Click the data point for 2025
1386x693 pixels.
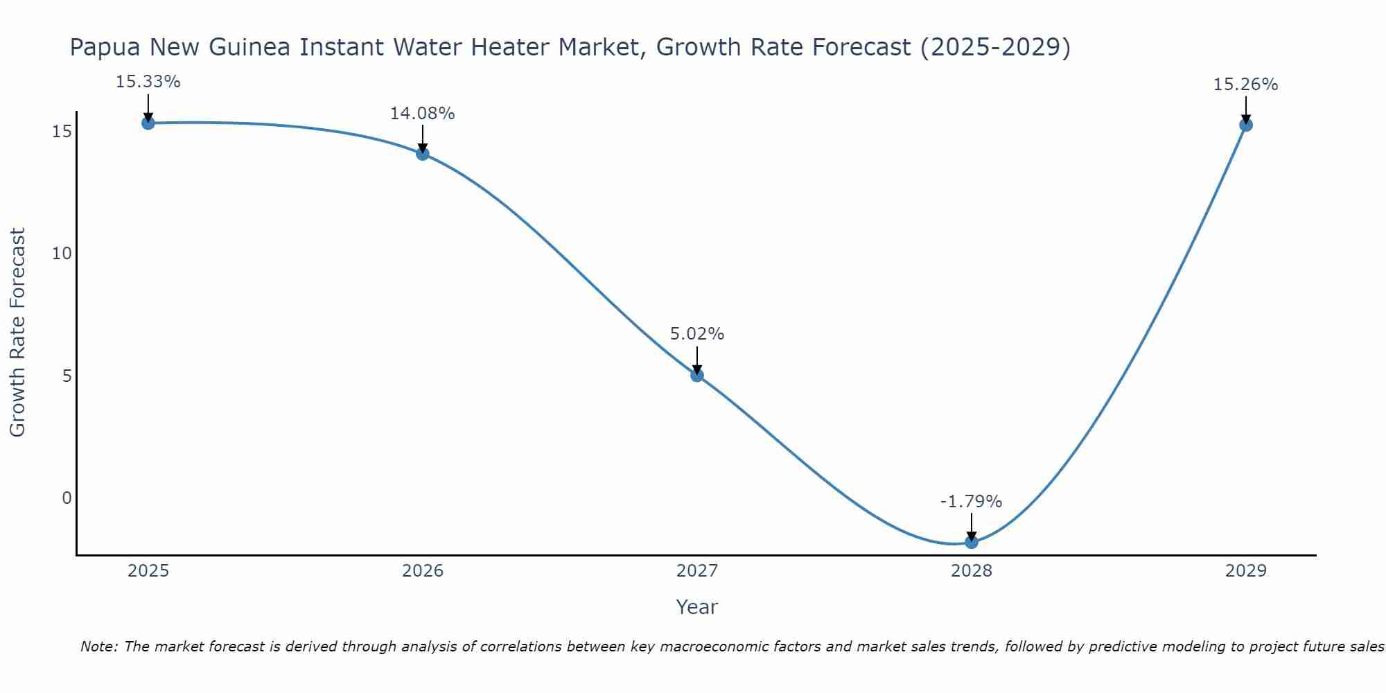coord(148,123)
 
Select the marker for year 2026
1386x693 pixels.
coord(423,154)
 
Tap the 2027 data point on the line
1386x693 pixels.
coord(697,376)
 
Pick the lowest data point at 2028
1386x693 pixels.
coord(972,542)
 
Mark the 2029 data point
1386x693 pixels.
coord(1246,125)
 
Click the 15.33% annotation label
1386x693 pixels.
coord(148,82)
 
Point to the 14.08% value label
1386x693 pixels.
coord(423,114)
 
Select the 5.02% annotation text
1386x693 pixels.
coord(697,334)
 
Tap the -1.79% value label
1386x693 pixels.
coord(972,502)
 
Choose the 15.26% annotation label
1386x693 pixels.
coord(1246,85)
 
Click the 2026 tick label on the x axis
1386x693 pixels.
coord(423,571)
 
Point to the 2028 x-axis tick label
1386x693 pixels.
coord(972,571)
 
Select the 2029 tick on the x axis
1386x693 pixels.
coord(1246,571)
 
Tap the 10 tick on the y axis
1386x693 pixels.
coord(62,254)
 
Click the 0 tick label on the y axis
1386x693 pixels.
coord(67,498)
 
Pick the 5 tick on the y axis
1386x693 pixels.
coord(67,376)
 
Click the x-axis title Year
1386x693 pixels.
coord(697,607)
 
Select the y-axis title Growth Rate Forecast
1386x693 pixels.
coord(18,333)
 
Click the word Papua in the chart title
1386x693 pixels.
coord(104,48)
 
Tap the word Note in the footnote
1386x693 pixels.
coord(99,647)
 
